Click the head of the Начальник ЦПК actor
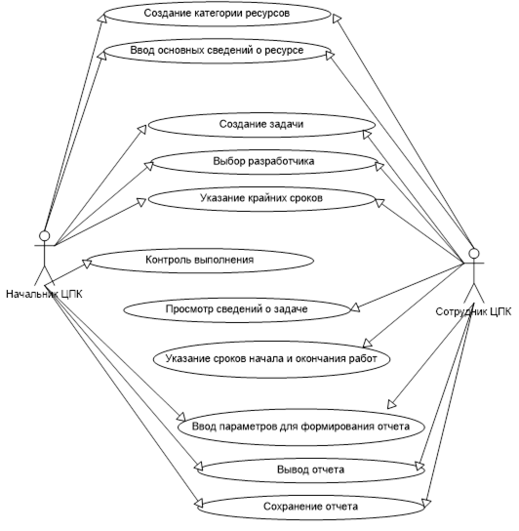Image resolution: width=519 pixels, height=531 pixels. pos(44,235)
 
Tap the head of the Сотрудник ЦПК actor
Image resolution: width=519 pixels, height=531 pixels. pos(474,254)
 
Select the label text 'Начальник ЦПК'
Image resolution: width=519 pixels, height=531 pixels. pos(44,294)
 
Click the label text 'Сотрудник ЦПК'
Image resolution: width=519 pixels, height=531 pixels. pos(473,311)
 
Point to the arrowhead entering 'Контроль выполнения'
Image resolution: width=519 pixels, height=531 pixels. pos(88,264)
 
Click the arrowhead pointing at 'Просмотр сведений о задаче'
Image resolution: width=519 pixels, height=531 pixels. pos(354,307)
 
